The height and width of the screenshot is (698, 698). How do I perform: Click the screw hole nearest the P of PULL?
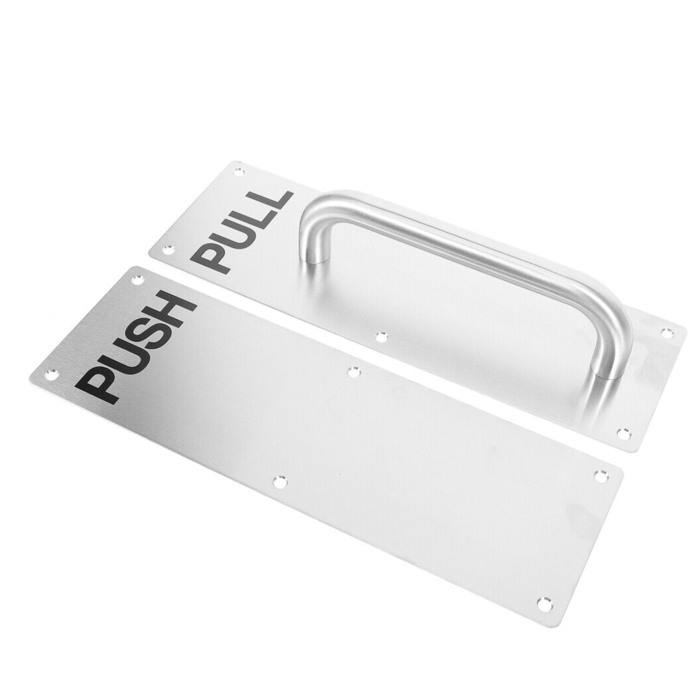[167, 248]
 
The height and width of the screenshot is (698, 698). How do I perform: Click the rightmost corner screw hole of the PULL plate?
[664, 331]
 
